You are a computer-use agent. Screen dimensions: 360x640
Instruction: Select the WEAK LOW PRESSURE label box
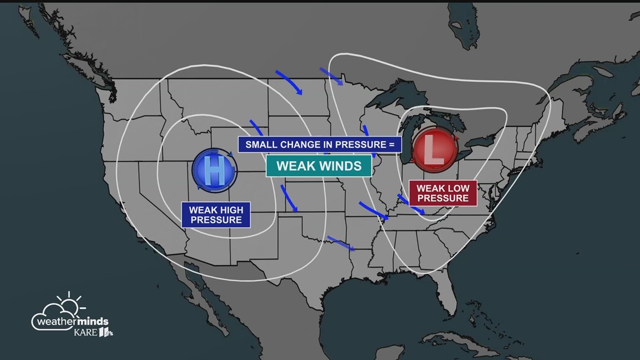coord(442,193)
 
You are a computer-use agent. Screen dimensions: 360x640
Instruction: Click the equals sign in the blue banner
coord(391,145)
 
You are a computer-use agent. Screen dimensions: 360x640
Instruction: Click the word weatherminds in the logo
coord(70,322)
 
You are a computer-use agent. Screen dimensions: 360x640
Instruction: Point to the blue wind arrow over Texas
coord(340,243)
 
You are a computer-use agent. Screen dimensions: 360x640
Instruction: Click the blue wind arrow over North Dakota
coord(290,82)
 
